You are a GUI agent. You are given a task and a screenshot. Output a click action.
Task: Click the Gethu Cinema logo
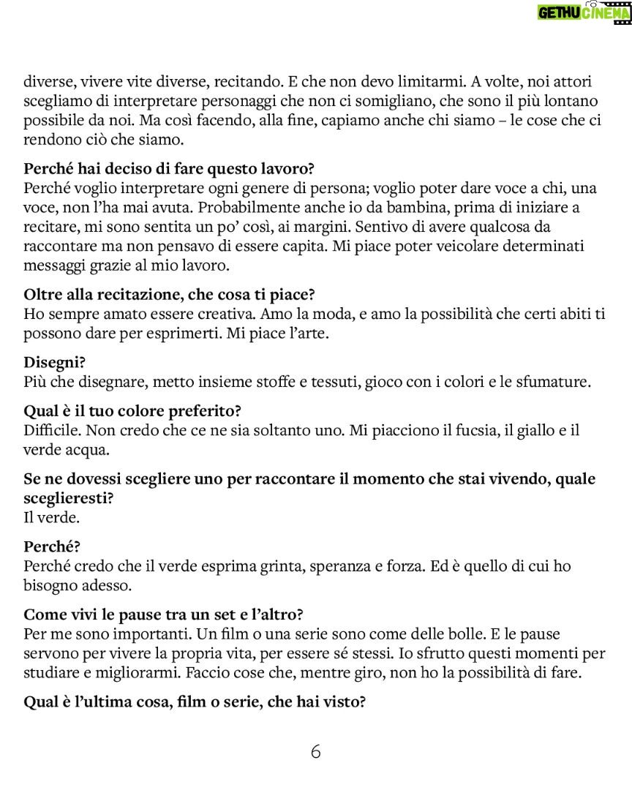point(584,12)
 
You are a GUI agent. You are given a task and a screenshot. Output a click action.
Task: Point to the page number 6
point(315,751)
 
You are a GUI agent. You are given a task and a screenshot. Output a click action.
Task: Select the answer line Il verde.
point(51,517)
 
